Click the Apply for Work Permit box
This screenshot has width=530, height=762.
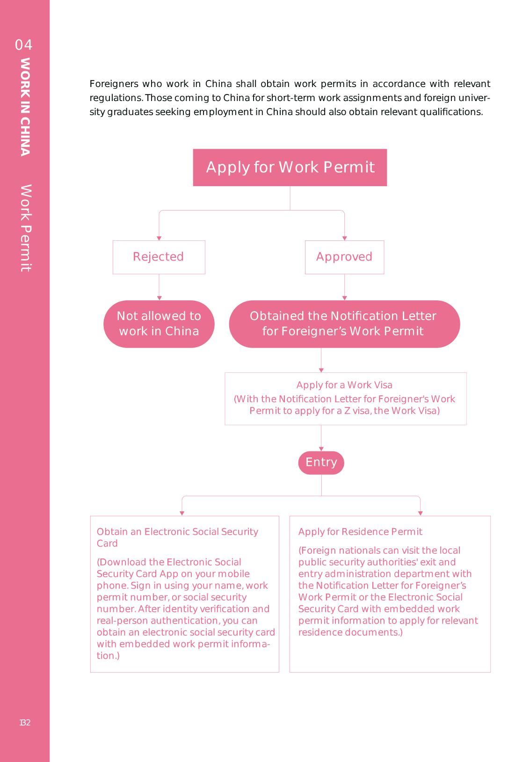290,167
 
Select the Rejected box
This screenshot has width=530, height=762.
159,257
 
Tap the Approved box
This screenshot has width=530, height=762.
344,257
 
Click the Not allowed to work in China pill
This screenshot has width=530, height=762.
159,324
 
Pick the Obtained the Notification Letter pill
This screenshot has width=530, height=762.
344,324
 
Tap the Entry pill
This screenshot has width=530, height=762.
321,462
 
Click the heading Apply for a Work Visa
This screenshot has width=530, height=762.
344,385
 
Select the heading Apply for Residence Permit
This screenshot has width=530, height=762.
360,532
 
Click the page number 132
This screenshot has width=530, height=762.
25,723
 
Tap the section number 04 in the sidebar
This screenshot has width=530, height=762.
24,45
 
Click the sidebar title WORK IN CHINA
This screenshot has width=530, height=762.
25,107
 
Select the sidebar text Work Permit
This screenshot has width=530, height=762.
25,228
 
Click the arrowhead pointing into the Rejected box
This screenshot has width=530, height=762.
159,238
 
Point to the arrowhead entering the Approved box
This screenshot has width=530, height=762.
345,238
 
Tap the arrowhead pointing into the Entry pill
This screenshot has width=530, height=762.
321,449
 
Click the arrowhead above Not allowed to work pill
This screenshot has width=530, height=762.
160,298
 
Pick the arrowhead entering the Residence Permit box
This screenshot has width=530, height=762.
420,513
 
